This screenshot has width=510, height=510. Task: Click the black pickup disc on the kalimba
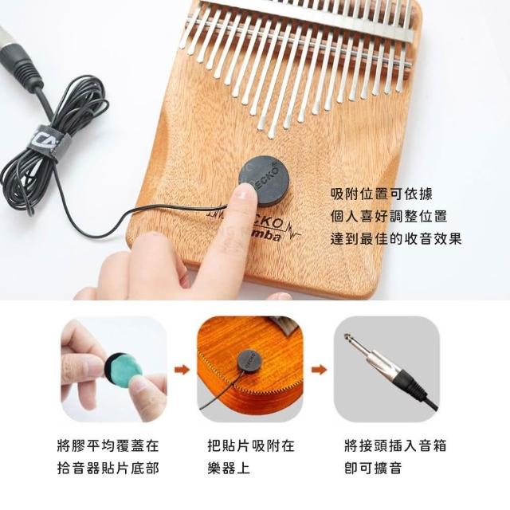[265, 181]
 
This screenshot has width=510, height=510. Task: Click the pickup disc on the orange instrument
[250, 361]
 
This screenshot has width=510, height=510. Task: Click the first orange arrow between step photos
[182, 370]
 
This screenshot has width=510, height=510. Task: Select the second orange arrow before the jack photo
[319, 370]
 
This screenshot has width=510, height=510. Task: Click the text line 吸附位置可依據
[382, 194]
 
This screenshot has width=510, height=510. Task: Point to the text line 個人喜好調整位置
[389, 216]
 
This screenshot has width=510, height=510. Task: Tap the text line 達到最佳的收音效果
[396, 238]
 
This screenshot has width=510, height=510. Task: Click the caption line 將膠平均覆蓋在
[108, 445]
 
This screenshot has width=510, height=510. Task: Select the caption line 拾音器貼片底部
[108, 469]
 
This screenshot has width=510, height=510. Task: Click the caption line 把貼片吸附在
[251, 445]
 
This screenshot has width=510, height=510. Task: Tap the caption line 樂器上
[229, 469]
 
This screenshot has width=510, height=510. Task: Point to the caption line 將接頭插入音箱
[395, 445]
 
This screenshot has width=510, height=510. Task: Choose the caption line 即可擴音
[373, 469]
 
